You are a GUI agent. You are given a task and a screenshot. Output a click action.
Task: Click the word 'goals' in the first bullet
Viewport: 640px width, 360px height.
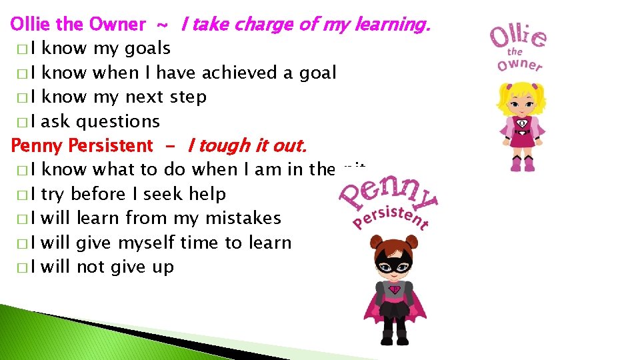[x=147, y=49]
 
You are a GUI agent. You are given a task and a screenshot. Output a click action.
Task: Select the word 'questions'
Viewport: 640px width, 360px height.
[x=118, y=121]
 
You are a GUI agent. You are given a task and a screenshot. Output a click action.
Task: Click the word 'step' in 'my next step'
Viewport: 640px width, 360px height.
[x=188, y=97]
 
